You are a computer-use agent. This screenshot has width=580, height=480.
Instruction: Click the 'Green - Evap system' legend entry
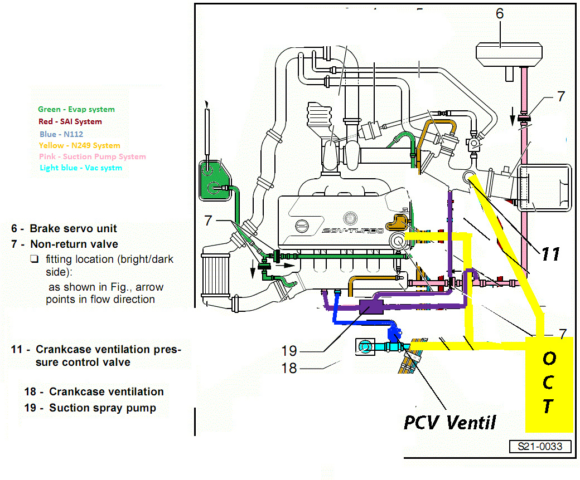click(x=76, y=110)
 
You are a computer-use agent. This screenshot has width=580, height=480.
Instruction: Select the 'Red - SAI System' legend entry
click(x=70, y=121)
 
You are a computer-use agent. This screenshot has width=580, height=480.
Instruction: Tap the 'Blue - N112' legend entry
click(x=61, y=134)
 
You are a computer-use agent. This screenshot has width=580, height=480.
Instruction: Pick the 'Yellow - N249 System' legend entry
click(x=80, y=145)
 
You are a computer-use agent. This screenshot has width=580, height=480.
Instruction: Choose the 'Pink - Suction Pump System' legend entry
click(x=93, y=157)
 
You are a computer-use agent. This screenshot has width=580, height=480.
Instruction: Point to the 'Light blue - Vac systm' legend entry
click(x=81, y=168)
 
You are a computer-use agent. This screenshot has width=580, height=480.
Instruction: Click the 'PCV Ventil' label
click(x=449, y=422)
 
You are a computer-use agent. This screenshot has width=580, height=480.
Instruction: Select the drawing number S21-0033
click(x=540, y=447)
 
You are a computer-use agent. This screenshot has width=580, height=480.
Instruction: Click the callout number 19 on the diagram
click(x=289, y=351)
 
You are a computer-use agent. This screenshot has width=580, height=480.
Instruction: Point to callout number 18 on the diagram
click(x=289, y=368)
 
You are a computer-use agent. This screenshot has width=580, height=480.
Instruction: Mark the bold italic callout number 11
click(x=550, y=253)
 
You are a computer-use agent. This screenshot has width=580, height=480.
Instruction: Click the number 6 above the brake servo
click(x=500, y=14)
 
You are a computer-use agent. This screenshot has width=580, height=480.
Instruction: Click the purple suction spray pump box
click(x=370, y=307)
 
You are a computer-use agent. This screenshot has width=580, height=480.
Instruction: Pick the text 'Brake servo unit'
click(x=73, y=228)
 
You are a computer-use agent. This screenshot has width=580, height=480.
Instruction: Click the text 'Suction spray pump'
click(x=102, y=408)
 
